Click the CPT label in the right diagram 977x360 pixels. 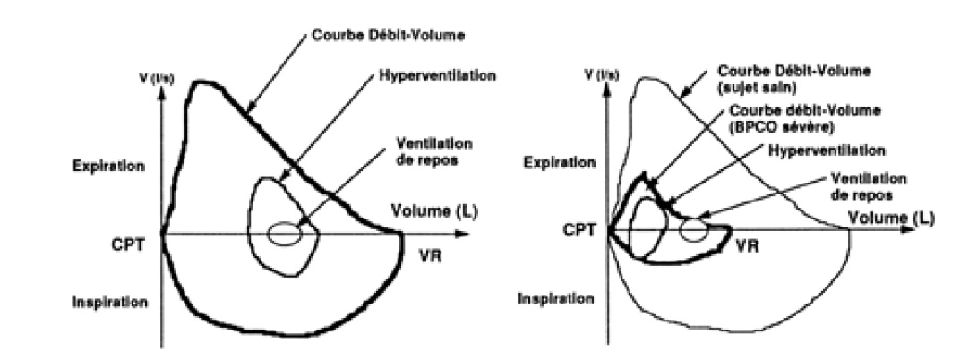pyautogui.click(x=578, y=230)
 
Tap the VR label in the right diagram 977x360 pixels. pyautogui.click(x=748, y=242)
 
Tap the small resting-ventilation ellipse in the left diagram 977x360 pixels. pyautogui.click(x=286, y=233)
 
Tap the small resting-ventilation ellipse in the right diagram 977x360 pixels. pyautogui.click(x=693, y=229)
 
